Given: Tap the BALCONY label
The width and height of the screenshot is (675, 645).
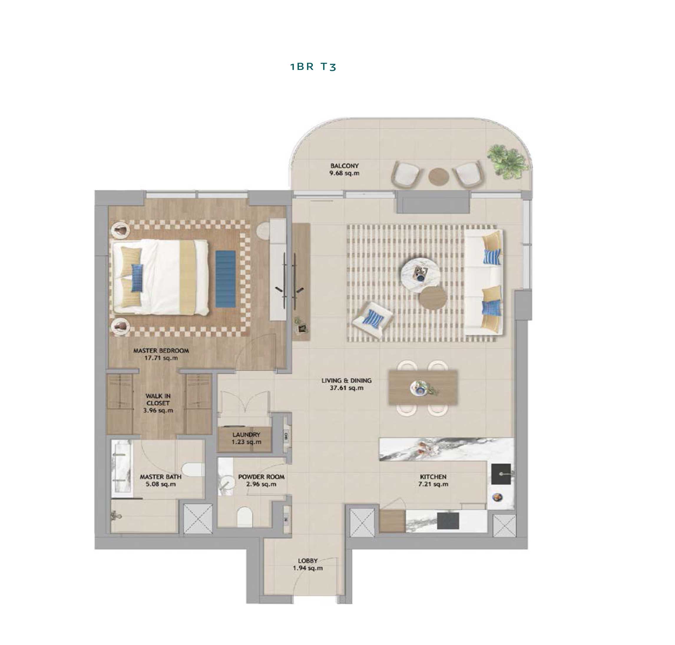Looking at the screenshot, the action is pos(344,166).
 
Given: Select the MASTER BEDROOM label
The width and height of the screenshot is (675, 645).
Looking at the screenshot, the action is pos(161,351).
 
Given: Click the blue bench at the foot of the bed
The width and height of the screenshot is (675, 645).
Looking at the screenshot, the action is pos(226,279).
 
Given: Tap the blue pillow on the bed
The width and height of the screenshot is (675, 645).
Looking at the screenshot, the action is pos(137,278).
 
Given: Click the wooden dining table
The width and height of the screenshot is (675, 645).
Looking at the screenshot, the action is pos(423,387).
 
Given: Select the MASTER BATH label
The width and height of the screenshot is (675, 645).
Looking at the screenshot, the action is pos(161,477).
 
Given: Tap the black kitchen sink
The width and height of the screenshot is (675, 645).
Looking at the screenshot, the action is pos(501,474).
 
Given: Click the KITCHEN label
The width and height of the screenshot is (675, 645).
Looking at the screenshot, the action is pos(433,477).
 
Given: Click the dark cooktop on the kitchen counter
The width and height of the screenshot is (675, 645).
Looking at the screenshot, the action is pos(448,521).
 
